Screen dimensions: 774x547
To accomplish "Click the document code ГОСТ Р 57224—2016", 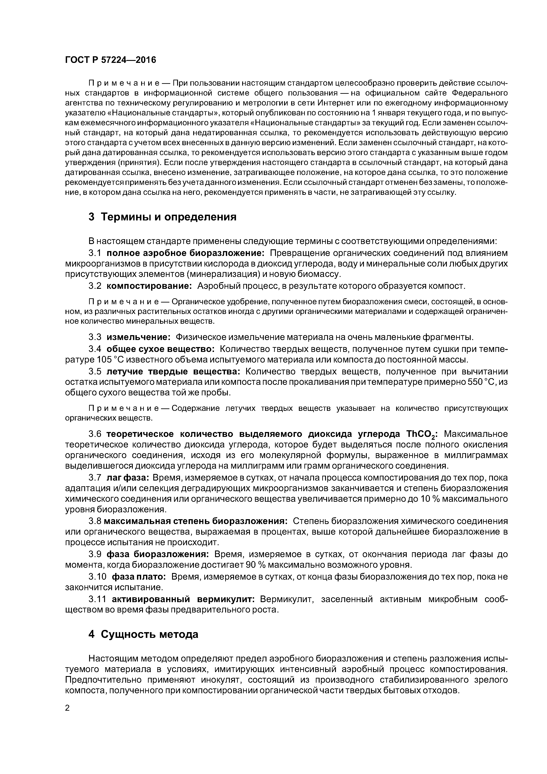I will [x=111, y=60].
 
